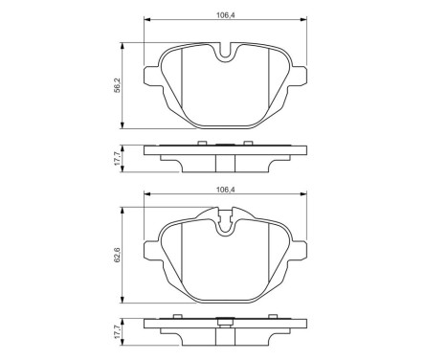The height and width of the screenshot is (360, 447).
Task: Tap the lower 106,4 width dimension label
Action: coord(226,190)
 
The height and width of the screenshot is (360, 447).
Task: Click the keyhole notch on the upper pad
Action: coord(226,56)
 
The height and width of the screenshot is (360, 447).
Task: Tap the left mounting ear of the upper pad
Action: coord(149,78)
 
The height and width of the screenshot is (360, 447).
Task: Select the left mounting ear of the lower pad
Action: coord(149,250)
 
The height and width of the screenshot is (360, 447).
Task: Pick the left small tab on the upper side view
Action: coord(201,143)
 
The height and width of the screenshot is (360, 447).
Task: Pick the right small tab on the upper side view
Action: coord(248,143)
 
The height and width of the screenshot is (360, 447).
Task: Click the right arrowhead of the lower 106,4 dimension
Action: coord(306,196)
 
